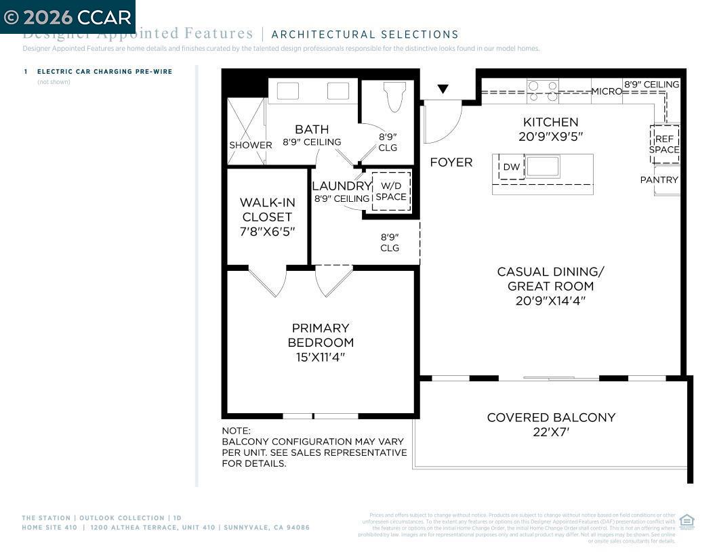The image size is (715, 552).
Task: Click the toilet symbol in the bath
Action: [x=394, y=96]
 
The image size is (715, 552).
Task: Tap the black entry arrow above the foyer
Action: [x=443, y=89]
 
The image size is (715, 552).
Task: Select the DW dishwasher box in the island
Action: [x=512, y=167]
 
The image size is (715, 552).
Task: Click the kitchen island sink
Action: [x=543, y=167]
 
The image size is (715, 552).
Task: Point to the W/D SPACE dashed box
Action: [x=391, y=191]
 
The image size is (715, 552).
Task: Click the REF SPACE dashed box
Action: [x=664, y=144]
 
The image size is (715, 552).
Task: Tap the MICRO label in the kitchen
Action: [x=607, y=91]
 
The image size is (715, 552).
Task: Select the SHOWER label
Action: [x=250, y=145]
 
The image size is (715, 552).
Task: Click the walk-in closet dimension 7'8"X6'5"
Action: [x=266, y=231]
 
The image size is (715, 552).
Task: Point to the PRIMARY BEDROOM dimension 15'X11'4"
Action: [x=321, y=357]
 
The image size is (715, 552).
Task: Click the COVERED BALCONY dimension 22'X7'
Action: [x=551, y=431]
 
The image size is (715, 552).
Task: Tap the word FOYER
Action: [x=451, y=163]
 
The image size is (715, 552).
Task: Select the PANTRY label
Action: [x=659, y=179]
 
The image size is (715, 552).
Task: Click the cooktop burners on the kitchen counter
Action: [x=543, y=91]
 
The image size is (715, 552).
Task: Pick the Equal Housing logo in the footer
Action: [x=687, y=521]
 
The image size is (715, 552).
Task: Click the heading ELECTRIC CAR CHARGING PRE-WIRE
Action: [x=104, y=71]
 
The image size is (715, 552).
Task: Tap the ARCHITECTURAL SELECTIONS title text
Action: [x=365, y=35]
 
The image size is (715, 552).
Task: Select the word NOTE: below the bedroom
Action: [x=236, y=431]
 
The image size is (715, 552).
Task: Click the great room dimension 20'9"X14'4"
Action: [x=550, y=301]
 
